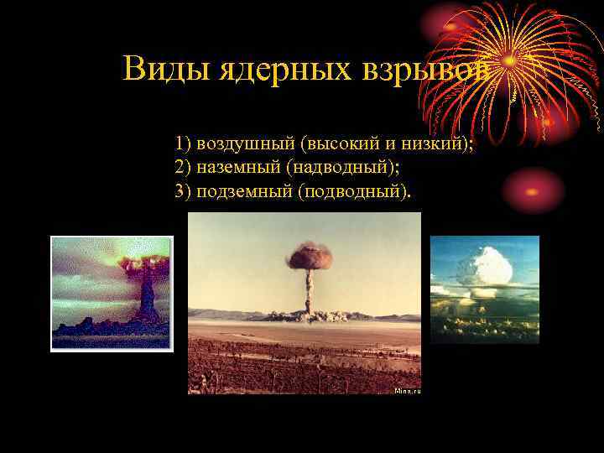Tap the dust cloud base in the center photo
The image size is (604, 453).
coord(318,315)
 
